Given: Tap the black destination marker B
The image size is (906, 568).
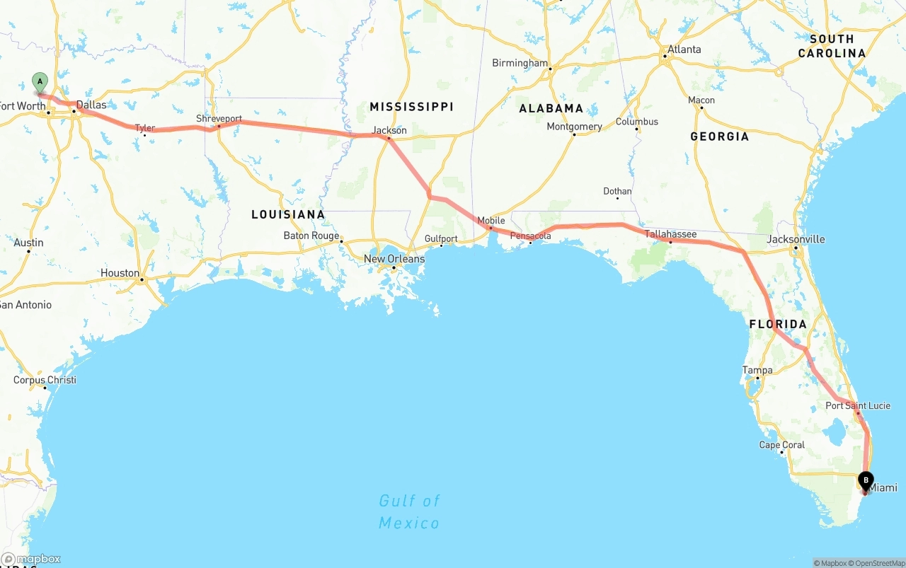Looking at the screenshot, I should [x=866, y=481].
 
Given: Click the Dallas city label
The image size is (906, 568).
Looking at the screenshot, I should [x=91, y=105].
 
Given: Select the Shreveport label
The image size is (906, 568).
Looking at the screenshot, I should [x=219, y=119].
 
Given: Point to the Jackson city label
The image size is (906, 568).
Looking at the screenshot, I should [x=390, y=130].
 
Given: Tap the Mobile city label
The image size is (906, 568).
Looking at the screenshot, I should [x=491, y=221].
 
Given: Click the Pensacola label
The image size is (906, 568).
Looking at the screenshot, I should [x=531, y=236].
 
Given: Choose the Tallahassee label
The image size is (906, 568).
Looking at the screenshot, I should [x=670, y=234].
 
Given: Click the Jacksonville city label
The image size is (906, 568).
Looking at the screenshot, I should [x=796, y=239].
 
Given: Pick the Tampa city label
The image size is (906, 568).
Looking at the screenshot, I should [x=757, y=370].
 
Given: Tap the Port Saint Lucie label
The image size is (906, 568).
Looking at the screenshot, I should [x=858, y=406].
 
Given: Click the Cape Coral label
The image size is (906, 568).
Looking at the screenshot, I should [x=782, y=445].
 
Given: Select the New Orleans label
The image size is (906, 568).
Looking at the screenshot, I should [x=394, y=259].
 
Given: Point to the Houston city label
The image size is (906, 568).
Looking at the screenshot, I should [x=120, y=273].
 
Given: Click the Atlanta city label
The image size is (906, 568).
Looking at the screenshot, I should [x=684, y=50].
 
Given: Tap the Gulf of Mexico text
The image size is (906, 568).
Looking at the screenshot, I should [x=409, y=512].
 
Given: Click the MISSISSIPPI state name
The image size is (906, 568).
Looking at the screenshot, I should [x=411, y=107].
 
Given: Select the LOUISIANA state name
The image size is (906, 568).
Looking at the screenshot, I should [x=288, y=214].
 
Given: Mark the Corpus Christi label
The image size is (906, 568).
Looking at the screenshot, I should [x=45, y=380].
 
